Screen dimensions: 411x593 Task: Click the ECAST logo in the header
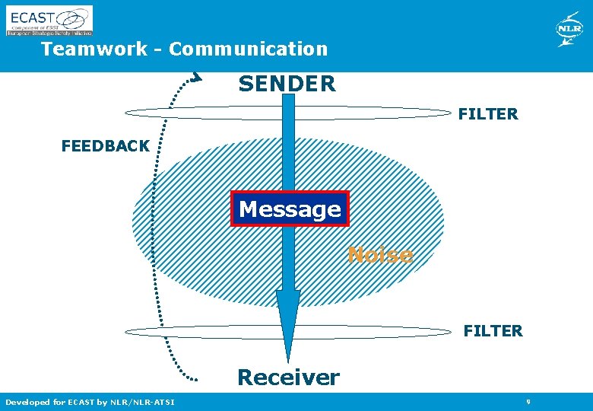(x=49, y=21)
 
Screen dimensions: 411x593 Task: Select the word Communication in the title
(x=249, y=49)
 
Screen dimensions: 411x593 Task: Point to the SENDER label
(x=287, y=84)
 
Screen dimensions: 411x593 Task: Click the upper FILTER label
(x=488, y=114)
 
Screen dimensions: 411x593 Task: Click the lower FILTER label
(x=493, y=331)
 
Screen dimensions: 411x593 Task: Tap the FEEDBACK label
(x=105, y=146)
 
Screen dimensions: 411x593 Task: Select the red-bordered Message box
(x=290, y=209)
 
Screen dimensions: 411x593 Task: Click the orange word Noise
(x=380, y=255)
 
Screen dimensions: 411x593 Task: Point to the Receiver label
(x=288, y=377)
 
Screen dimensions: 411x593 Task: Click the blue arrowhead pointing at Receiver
(x=288, y=323)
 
